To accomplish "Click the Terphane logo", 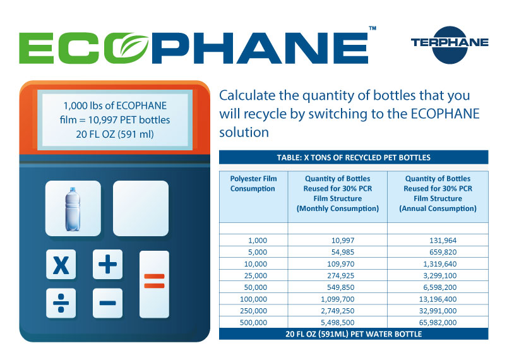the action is (x=450, y=44).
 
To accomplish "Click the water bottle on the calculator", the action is (x=73, y=209).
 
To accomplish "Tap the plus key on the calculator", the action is (x=108, y=264).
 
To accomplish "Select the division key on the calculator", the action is (x=61, y=303).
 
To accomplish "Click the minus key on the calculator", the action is (x=108, y=303).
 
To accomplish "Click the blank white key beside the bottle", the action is (x=141, y=208).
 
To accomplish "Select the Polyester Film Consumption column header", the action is (x=253, y=183).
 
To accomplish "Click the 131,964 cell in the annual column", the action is (x=443, y=241).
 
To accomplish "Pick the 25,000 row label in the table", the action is (x=256, y=275).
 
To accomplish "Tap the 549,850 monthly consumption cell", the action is (x=340, y=287).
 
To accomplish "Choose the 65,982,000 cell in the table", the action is (x=438, y=323).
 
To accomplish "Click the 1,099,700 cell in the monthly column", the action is (x=338, y=299).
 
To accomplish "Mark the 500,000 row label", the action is (x=254, y=323).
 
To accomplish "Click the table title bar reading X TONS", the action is (x=354, y=157).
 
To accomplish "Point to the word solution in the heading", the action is (x=244, y=132).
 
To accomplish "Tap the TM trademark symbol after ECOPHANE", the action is (x=373, y=28).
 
